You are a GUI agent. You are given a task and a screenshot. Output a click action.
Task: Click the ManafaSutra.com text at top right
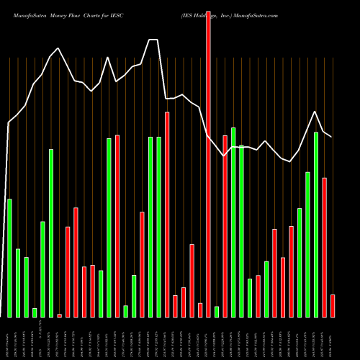[253, 14]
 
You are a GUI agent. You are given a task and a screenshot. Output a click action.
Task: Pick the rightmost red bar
[333, 306]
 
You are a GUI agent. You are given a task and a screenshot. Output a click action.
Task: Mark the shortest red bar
[59, 315]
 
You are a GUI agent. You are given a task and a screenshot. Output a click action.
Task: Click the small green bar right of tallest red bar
[217, 312]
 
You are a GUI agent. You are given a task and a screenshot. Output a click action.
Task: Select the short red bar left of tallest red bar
[200, 310]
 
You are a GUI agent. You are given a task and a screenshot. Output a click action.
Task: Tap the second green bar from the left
[18, 283]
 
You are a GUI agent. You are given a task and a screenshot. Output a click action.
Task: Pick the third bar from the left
[26, 287]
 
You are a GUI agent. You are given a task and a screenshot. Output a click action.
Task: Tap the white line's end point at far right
[332, 136]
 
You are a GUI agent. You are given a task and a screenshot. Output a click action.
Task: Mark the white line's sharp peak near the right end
[315, 112]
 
